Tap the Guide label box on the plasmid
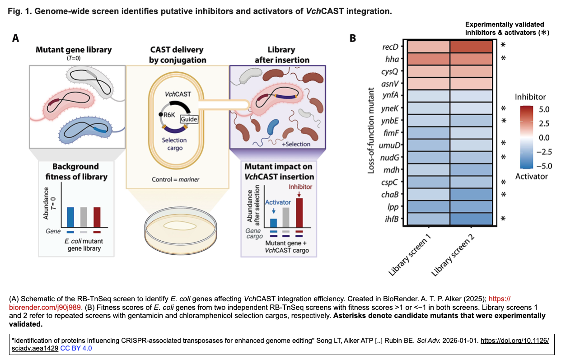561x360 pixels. [188, 119]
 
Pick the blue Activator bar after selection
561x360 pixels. [273, 222]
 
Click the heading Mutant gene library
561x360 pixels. [74, 50]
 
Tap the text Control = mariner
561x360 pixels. [175, 179]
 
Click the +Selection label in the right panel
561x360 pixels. [296, 144]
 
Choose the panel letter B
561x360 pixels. [354, 38]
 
